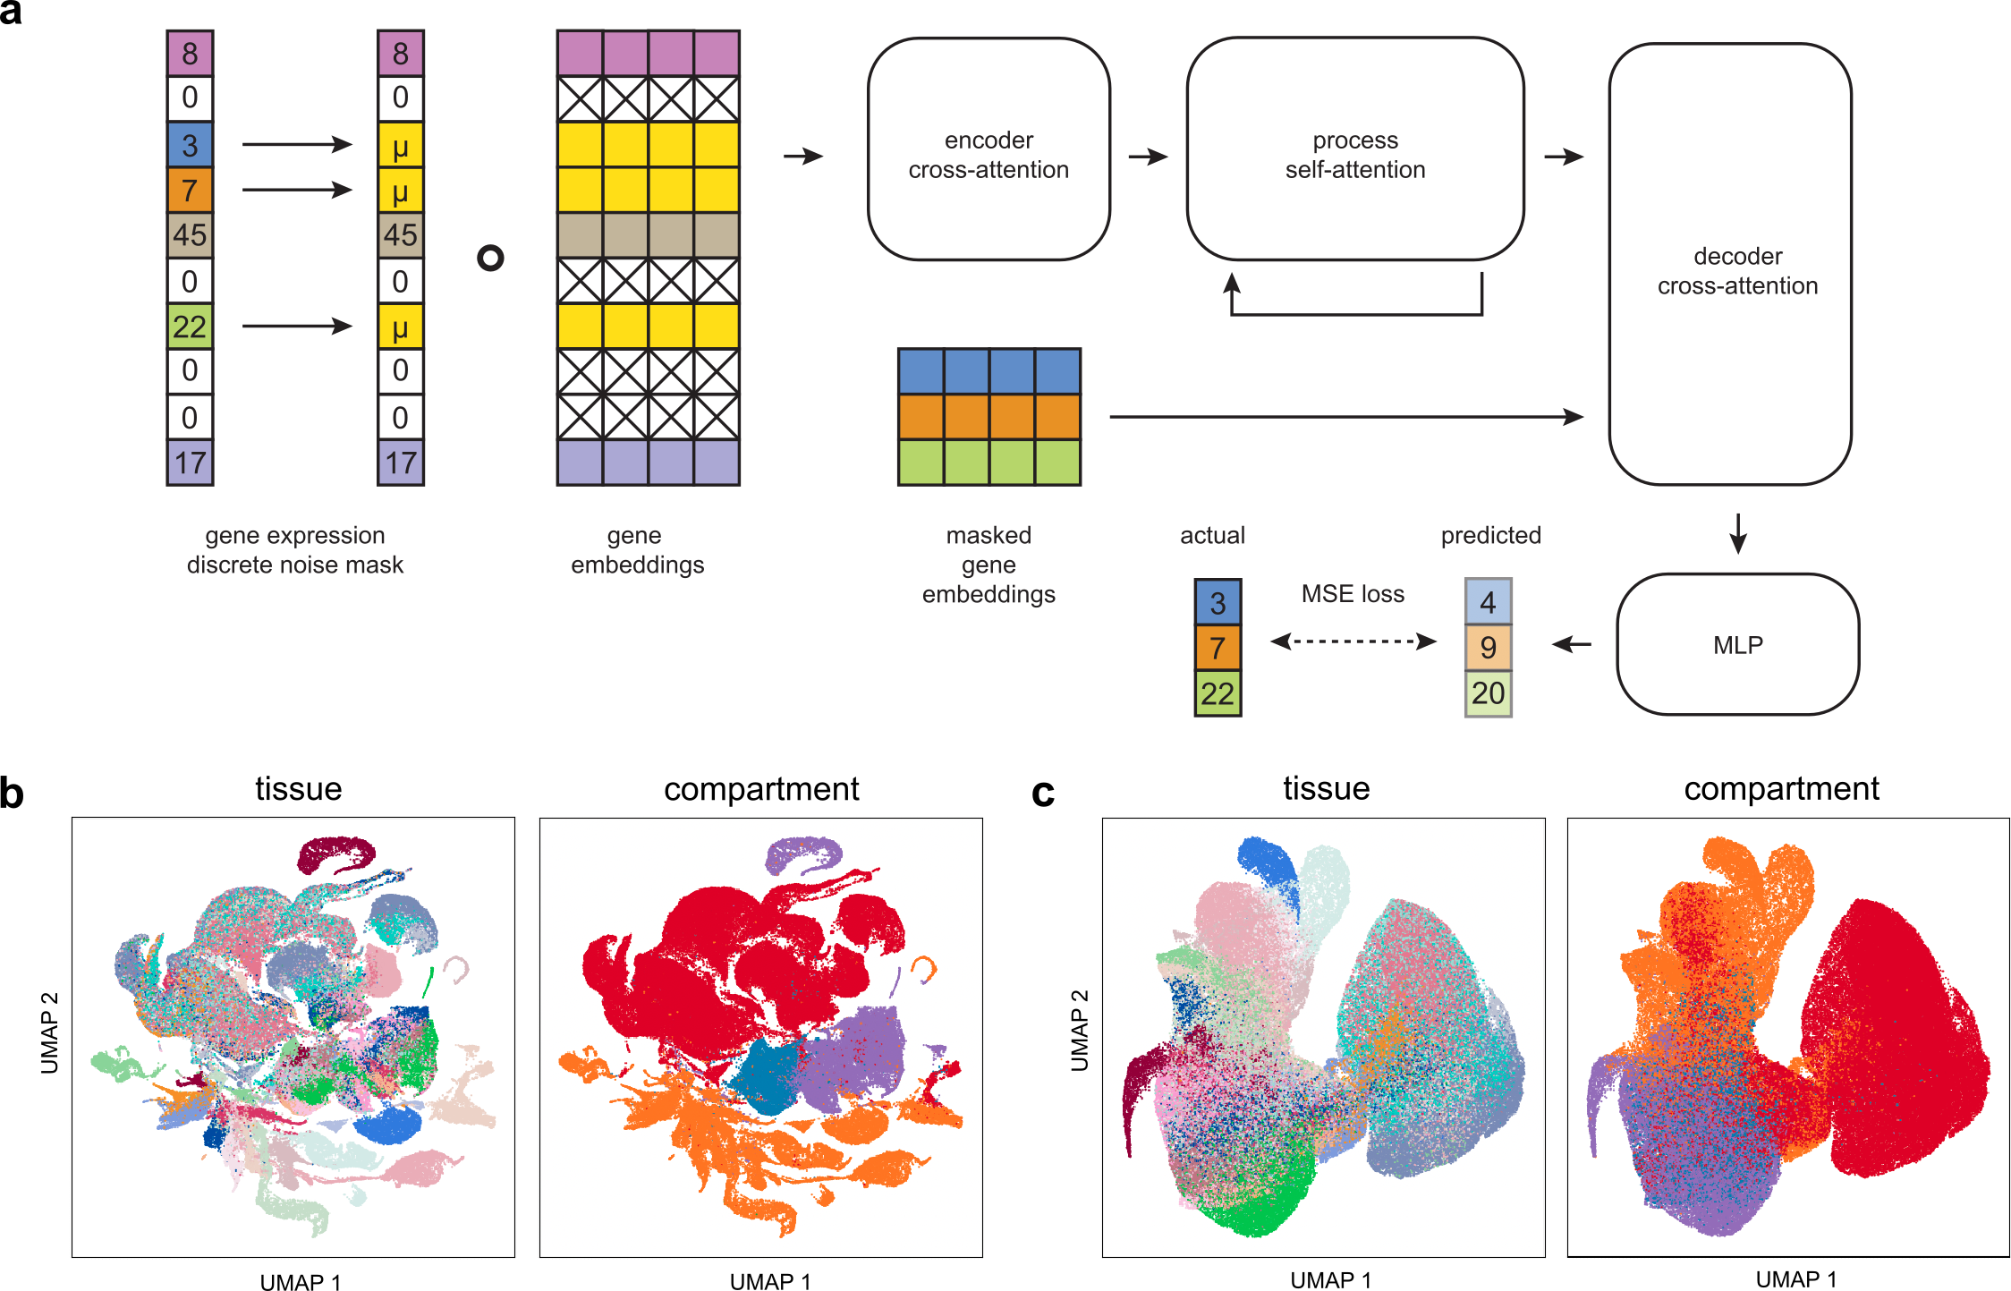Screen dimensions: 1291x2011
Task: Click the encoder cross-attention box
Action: pos(989,149)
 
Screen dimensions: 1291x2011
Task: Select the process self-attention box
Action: pos(1354,149)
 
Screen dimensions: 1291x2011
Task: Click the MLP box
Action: pos(1737,644)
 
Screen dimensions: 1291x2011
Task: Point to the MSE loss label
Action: pos(1352,594)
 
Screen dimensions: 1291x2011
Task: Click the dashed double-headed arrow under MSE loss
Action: pos(1353,641)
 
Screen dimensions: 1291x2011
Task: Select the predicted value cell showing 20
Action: pos(1488,693)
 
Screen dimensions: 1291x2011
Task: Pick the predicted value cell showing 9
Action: pos(1488,647)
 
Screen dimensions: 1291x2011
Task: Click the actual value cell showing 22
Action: pos(1217,693)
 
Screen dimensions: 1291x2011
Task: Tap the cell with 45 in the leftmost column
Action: pos(190,235)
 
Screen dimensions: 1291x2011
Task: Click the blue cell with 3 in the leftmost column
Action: pos(190,145)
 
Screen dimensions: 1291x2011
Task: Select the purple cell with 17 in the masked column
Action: pos(400,463)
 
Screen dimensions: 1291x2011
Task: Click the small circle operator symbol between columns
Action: pos(490,259)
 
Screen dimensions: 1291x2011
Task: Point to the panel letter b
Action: pos(13,793)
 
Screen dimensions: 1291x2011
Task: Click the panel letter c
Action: pos(1042,793)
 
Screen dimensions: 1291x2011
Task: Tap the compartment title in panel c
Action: pos(1780,788)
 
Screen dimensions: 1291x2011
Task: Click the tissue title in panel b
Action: pos(298,788)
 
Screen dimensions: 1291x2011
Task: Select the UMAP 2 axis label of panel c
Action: pos(1080,1030)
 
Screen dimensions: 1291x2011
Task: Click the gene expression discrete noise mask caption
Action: pos(294,550)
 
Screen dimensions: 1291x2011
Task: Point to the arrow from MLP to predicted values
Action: pos(1571,644)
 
